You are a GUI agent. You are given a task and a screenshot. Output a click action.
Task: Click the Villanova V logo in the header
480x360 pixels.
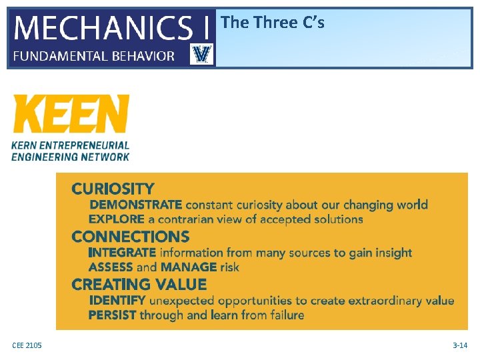click(201, 54)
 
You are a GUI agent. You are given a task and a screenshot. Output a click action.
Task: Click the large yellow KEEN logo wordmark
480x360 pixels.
click(71, 114)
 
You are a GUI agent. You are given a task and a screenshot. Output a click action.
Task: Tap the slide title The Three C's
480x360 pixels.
click(272, 23)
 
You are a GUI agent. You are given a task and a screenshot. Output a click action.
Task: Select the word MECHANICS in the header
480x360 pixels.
click(102, 28)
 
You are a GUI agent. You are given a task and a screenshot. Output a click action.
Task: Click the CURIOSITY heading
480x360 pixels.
click(113, 189)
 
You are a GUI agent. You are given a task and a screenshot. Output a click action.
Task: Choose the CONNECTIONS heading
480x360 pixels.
click(130, 237)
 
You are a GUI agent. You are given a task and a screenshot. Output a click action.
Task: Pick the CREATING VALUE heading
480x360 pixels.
click(139, 285)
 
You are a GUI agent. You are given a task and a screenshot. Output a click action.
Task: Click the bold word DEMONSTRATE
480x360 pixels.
click(135, 205)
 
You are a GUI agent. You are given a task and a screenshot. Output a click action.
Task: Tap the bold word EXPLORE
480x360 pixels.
click(117, 219)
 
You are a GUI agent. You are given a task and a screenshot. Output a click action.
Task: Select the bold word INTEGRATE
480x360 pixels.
click(122, 253)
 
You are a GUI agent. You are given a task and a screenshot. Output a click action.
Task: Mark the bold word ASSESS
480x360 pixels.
click(110, 267)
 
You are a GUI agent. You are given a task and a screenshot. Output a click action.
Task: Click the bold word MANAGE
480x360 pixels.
click(189, 267)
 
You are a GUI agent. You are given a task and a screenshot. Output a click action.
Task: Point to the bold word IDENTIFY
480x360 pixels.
click(117, 301)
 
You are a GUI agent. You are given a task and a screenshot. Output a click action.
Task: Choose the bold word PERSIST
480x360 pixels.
click(113, 315)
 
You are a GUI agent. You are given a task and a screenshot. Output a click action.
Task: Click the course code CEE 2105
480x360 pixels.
click(27, 345)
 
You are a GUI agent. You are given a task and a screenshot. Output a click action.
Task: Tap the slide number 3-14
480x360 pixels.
click(459, 345)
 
